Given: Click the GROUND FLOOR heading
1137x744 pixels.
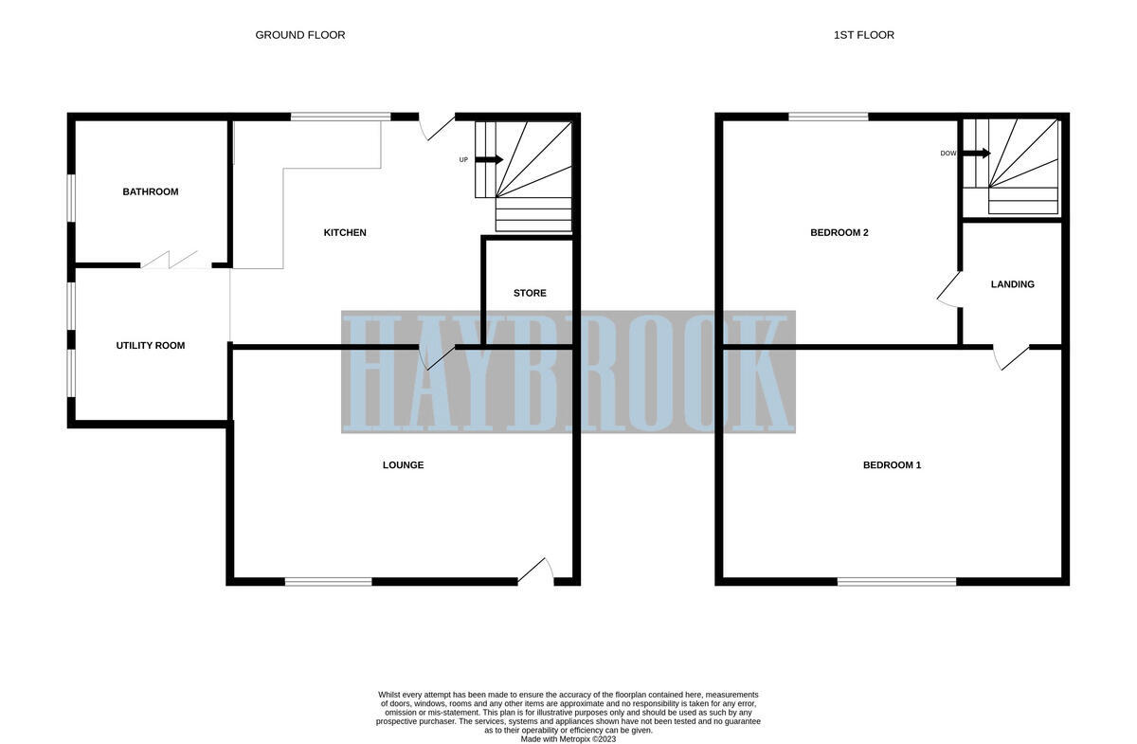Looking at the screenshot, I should click(x=299, y=35).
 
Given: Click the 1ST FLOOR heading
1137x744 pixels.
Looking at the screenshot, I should click(x=863, y=35).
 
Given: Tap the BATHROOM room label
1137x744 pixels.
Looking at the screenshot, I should click(x=150, y=192).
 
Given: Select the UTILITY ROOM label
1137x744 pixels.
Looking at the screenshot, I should click(x=150, y=346).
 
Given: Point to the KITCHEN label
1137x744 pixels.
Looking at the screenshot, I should click(x=345, y=233).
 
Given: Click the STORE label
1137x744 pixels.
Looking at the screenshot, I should click(x=530, y=294).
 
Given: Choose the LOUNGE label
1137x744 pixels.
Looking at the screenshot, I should click(x=403, y=465).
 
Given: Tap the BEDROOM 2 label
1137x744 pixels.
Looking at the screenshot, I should click(x=839, y=233).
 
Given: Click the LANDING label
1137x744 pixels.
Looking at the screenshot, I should click(x=1012, y=285).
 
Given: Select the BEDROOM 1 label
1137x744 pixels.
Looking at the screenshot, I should click(x=892, y=465).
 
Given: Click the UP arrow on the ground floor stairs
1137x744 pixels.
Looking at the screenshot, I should click(x=489, y=159).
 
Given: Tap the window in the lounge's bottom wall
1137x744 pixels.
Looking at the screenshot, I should click(x=328, y=581).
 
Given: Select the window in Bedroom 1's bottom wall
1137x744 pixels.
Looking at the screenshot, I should click(x=896, y=581).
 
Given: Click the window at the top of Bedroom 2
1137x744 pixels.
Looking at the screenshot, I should click(x=828, y=117).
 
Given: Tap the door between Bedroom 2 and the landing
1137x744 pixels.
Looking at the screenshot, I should click(x=948, y=289).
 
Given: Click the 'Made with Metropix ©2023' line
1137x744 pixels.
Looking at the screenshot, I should click(x=568, y=739).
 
